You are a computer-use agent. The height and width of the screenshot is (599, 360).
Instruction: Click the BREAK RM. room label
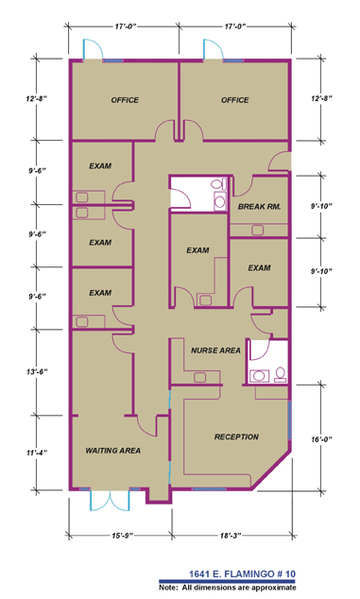tap(259, 207)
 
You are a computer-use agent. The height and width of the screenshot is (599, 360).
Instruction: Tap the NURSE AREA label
tap(215, 351)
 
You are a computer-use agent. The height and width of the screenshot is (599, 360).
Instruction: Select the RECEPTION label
tap(236, 436)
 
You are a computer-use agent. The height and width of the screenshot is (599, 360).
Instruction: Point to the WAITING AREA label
tap(112, 451)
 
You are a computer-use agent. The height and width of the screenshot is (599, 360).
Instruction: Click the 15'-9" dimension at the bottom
tap(122, 536)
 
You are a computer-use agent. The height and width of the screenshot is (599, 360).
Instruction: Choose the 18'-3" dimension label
tap(231, 536)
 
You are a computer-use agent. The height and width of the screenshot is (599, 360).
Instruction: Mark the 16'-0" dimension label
tap(321, 439)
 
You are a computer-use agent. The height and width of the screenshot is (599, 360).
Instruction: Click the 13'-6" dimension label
tap(37, 371)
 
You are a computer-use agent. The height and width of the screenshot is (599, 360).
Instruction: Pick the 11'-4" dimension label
tap(37, 453)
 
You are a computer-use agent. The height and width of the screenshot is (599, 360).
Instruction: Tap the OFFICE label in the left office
tap(125, 100)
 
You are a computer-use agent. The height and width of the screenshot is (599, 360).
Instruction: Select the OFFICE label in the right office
tap(234, 100)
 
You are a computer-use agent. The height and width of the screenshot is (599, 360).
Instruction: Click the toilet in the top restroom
tap(218, 184)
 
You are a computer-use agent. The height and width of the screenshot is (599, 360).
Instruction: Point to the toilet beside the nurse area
tap(281, 374)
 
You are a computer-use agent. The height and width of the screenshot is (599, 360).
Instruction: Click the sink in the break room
tap(257, 231)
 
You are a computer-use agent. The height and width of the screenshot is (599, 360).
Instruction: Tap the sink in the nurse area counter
tap(200, 377)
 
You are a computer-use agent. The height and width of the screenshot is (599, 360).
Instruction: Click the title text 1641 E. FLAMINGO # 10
tap(242, 573)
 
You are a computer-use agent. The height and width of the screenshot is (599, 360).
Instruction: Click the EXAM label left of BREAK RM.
tap(197, 250)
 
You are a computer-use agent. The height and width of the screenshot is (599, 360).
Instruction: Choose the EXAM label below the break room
tap(259, 268)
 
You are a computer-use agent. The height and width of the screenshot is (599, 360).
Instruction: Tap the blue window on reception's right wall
tap(290, 419)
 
